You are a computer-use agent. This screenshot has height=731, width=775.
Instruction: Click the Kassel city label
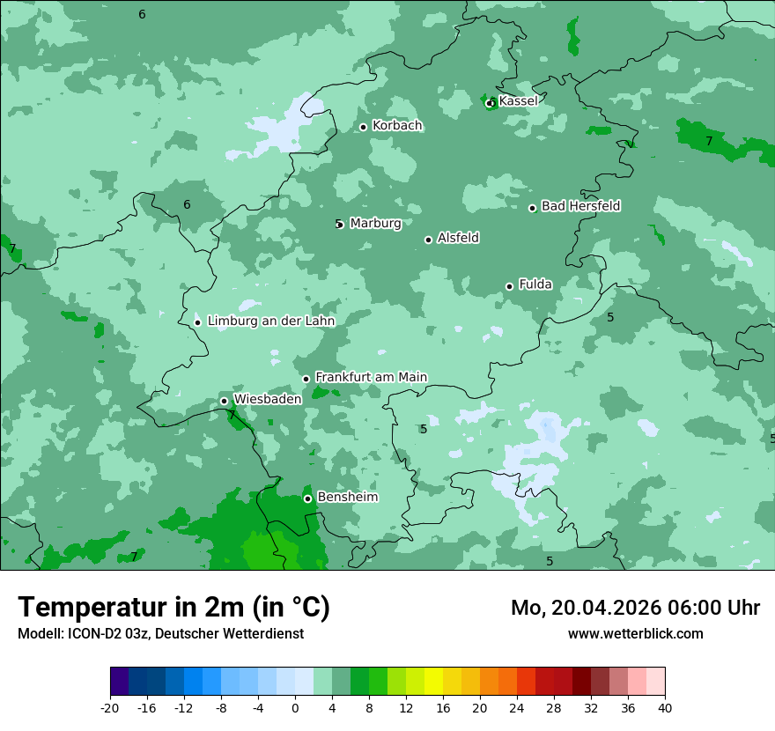pos(518,101)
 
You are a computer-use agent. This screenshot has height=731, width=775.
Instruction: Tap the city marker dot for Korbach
pos(363,127)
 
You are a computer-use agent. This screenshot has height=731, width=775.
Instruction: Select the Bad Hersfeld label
pos(580,206)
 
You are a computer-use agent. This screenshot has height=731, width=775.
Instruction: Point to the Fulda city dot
pos(509,286)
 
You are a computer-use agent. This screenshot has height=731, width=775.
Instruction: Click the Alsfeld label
pos(458,238)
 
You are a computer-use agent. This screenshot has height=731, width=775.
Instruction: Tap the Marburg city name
pos(375,224)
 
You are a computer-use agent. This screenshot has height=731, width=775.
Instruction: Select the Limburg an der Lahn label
pos(271,321)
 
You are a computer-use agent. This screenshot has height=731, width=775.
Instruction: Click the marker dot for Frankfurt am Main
pos(306,379)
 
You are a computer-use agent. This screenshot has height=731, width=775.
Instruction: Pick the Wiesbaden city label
pos(268,399)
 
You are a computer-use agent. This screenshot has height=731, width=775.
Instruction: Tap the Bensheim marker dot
pos(307,498)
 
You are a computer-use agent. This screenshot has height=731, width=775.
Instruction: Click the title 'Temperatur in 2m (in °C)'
pos(173,608)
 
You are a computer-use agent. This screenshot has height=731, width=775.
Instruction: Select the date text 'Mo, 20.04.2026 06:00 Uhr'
pos(635,608)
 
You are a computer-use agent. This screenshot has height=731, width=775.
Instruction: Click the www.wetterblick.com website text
pos(635,634)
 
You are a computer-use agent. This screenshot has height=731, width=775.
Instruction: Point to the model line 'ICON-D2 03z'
pos(160,634)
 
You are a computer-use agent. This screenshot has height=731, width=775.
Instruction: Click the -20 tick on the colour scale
pos(110,707)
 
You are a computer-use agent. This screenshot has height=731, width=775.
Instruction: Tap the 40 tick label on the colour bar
pos(665,707)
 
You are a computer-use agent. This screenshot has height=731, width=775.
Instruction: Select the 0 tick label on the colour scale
pos(295,707)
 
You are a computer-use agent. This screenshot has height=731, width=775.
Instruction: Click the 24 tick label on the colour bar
pos(517,707)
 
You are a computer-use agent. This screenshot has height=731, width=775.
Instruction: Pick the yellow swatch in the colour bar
pos(433,682)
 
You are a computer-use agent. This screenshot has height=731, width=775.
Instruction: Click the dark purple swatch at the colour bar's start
pos(119,682)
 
